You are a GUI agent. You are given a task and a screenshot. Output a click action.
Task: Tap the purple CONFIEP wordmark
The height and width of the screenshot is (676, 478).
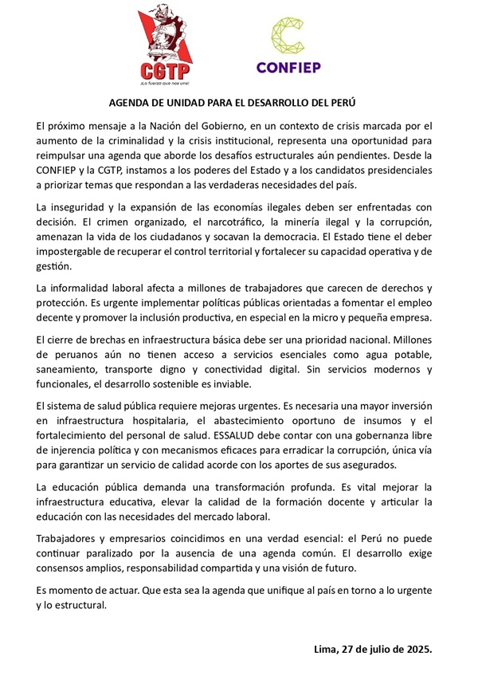pyautogui.click(x=288, y=68)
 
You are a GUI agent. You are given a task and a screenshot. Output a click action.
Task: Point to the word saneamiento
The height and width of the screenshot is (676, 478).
pyautogui.click(x=72, y=370)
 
